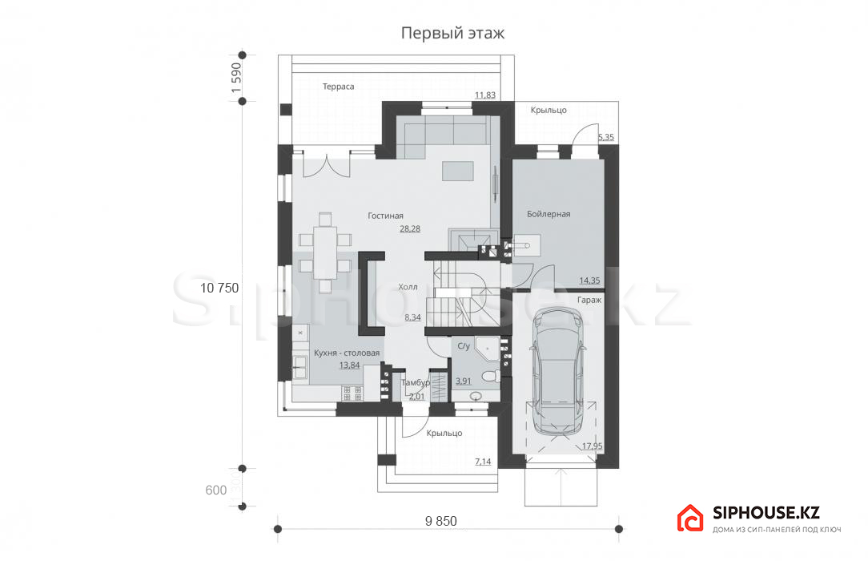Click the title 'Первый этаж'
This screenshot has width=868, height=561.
coord(452,33)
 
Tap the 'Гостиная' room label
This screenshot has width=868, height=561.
coord(385,216)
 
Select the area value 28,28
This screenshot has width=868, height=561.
coord(410,228)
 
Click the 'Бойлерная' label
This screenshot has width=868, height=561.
coord(549,214)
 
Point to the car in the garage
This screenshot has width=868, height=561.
coord(559,370)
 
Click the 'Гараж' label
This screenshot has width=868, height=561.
coord(589,300)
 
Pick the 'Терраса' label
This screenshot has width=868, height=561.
coord(338,87)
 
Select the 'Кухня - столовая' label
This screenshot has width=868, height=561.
coord(347,353)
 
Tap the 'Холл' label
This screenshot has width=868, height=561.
coord(408,287)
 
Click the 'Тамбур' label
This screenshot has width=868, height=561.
coord(415,382)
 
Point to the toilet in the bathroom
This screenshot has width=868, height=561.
coord(491,377)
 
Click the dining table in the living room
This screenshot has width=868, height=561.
coord(325,252)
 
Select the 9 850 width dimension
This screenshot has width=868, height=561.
coord(441,521)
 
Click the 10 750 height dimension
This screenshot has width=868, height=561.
coord(219,288)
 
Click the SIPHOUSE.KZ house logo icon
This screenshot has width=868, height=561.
coord(690,518)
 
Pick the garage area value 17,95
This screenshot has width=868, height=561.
coord(593,446)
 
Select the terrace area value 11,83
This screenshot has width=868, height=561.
coord(485,95)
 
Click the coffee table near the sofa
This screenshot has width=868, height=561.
coord(458,172)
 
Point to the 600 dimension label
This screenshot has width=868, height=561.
coord(216,490)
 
